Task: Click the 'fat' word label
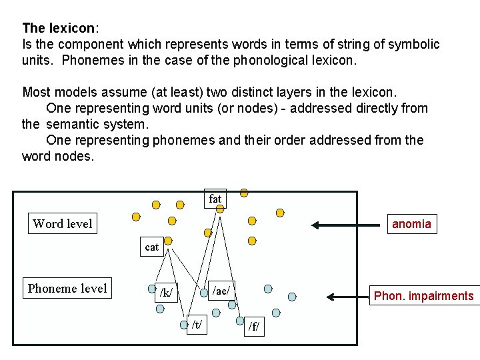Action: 215,199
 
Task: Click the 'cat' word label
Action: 152,247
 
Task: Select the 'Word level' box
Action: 63,223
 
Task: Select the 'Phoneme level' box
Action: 67,288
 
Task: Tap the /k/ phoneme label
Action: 166,292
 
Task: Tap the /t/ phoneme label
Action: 197,325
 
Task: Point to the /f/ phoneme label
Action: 254,327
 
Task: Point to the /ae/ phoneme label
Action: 221,289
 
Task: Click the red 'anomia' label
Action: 411,224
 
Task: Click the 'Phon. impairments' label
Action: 424,295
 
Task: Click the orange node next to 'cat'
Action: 168,240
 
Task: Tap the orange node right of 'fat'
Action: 244,193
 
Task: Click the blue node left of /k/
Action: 151,289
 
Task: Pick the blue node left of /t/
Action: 184,325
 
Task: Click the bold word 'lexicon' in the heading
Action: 71,28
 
